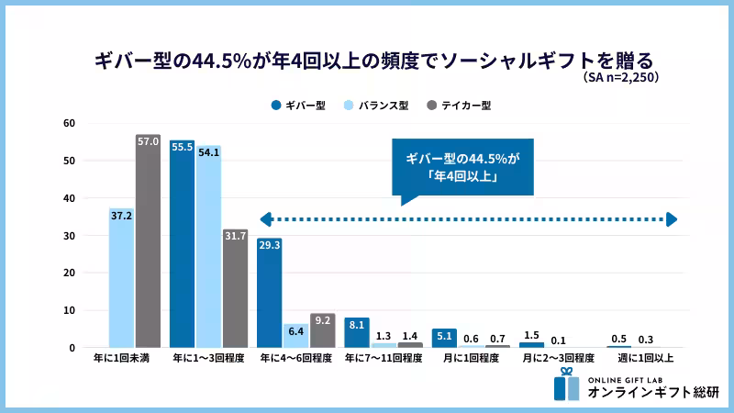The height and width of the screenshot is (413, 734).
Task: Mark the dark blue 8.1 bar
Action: [x=357, y=332]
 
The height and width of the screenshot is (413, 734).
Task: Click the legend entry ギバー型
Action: [x=299, y=106]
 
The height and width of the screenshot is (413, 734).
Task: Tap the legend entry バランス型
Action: [x=376, y=106]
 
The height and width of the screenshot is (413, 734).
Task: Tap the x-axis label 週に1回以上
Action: [x=645, y=358]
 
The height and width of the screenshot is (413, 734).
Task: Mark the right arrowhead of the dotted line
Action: [x=672, y=219]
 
